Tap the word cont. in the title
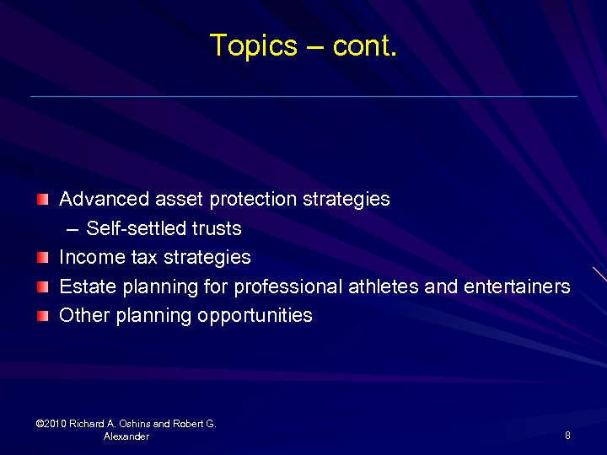point(364,45)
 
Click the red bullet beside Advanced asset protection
point(43,200)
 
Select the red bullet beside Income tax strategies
point(43,258)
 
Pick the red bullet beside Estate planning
point(43,287)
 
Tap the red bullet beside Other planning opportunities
point(43,316)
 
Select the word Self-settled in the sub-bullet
point(133,228)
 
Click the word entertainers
point(517,286)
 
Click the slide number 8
point(567,436)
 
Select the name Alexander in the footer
point(126,436)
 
